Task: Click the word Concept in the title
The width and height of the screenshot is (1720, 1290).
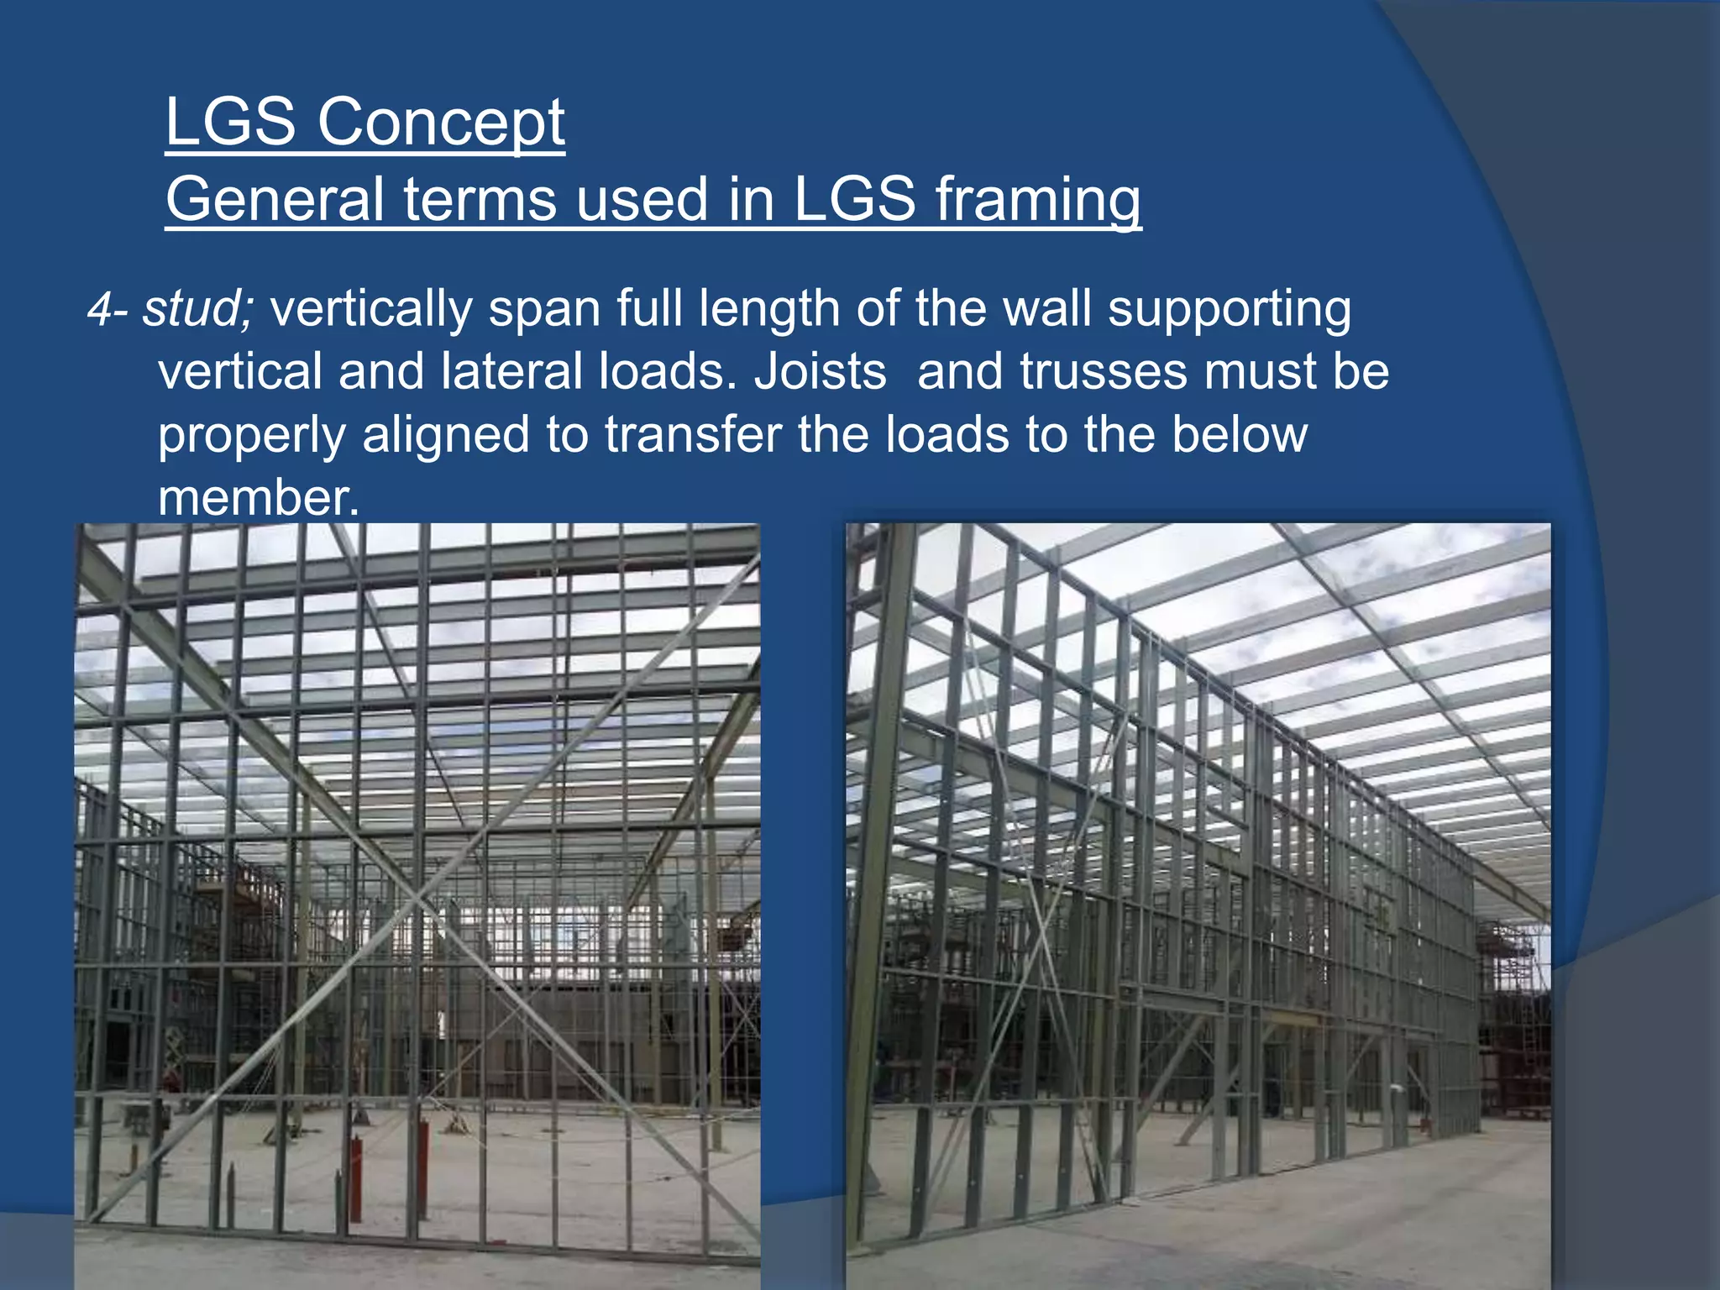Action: coord(440,123)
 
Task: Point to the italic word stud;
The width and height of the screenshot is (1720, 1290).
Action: coord(197,309)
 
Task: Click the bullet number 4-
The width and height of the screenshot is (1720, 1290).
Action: coord(108,309)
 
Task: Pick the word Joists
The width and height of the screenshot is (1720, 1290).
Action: coord(820,372)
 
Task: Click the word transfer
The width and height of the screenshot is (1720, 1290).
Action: coord(693,435)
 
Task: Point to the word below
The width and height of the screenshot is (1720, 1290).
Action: coord(1239,435)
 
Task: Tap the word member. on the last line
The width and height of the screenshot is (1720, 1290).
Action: coord(259,498)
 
